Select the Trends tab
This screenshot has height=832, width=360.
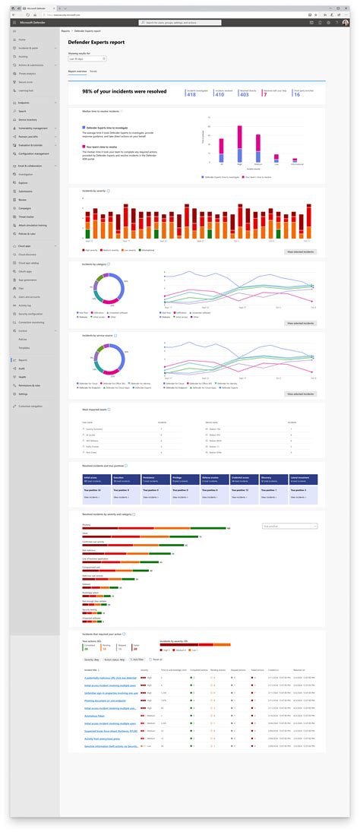pyautogui.click(x=93, y=71)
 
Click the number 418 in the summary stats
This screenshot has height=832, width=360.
pyautogui.click(x=191, y=95)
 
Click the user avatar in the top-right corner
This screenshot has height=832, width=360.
pyautogui.click(x=346, y=24)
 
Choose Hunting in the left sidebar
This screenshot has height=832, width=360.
pyautogui.click(x=23, y=57)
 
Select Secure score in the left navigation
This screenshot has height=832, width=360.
pyautogui.click(x=26, y=81)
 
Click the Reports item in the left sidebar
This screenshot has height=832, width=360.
pyautogui.click(x=24, y=359)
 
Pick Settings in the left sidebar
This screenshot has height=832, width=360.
pyautogui.click(x=24, y=394)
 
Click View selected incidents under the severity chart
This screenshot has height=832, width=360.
pyautogui.click(x=301, y=251)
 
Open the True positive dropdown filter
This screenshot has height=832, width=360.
pyautogui.click(x=289, y=526)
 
